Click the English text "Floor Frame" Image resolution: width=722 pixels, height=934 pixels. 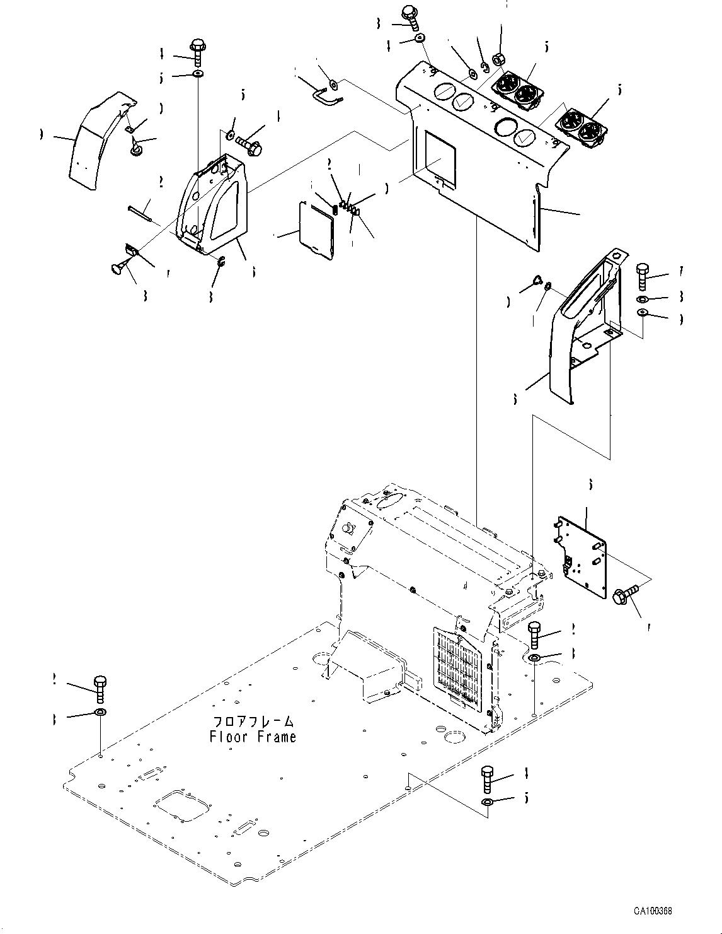[253, 736]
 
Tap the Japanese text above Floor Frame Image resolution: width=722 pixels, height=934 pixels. [253, 721]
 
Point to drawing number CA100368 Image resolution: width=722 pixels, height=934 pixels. [653, 912]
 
